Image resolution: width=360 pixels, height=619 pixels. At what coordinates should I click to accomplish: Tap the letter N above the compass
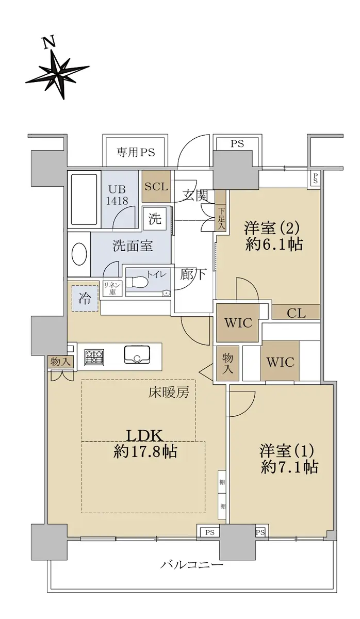[50, 43]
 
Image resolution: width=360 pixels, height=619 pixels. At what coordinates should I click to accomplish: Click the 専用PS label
[135, 152]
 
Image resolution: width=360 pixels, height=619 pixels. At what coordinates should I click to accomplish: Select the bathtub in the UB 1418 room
[84, 199]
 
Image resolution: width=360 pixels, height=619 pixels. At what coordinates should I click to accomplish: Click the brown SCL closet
[156, 187]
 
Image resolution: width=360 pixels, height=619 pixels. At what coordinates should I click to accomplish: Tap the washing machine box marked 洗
[155, 219]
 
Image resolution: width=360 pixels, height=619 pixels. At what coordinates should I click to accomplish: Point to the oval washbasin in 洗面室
[79, 254]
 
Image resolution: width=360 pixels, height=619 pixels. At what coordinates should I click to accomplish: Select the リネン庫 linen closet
[112, 288]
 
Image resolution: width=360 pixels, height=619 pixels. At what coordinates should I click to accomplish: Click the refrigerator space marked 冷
[85, 299]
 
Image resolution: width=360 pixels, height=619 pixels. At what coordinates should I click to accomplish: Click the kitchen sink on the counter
[137, 355]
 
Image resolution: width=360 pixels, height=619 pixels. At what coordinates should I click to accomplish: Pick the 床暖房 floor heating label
[169, 392]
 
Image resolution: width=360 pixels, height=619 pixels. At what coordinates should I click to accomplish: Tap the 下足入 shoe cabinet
[221, 210]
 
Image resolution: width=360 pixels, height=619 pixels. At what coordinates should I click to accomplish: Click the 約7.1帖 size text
[289, 467]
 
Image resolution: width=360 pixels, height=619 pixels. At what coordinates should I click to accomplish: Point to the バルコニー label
[192, 564]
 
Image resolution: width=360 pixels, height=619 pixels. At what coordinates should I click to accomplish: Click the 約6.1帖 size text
[274, 244]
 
